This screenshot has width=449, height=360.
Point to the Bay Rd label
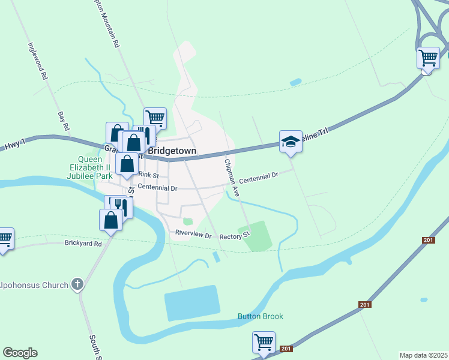click(x=64, y=121)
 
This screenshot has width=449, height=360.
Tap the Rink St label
click(x=148, y=175)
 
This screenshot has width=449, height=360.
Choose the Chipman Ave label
click(x=232, y=178)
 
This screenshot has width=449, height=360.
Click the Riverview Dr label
click(x=194, y=233)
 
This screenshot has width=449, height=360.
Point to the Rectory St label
click(x=234, y=237)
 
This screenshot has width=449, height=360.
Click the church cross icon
click(x=77, y=284)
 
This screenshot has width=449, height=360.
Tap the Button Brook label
click(x=260, y=316)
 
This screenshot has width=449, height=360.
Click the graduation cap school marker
click(x=291, y=142)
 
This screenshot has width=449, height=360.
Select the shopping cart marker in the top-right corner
click(x=428, y=58)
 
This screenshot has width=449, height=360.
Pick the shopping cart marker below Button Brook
click(x=264, y=343)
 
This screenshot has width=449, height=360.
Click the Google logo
click(x=20, y=353)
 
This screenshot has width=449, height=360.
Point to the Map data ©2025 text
click(x=423, y=355)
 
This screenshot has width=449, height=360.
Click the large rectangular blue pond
click(x=192, y=303)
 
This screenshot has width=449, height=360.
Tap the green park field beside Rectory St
click(x=256, y=236)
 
